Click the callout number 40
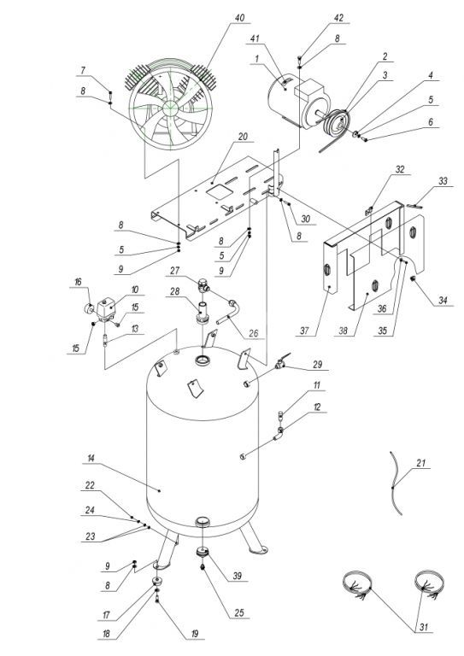(239, 18)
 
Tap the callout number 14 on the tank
(91, 459)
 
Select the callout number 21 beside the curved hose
(421, 463)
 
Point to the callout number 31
(424, 627)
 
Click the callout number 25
(238, 613)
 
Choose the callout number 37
(304, 331)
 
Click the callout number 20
(243, 137)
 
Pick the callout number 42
(339, 18)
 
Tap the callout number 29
(318, 364)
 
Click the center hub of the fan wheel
(170, 107)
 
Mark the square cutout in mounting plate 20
(220, 190)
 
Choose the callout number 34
(443, 301)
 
